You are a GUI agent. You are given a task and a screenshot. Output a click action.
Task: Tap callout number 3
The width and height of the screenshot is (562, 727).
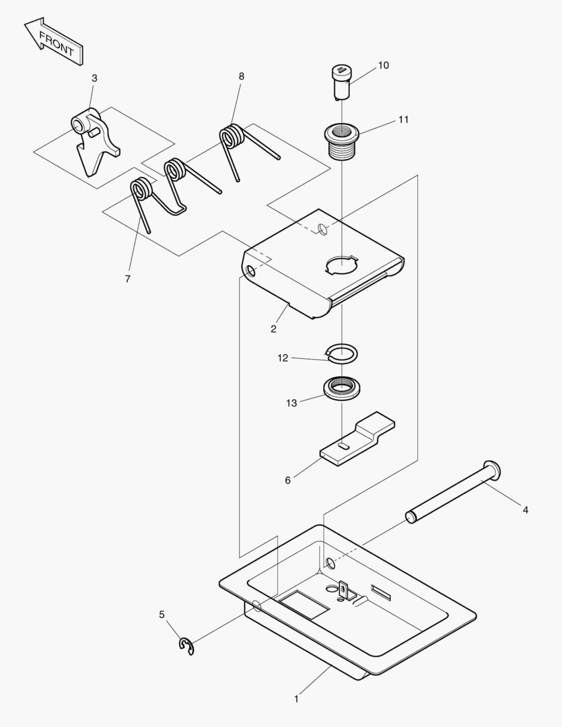(x=94, y=78)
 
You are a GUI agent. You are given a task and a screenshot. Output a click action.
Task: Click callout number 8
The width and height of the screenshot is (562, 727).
(x=241, y=76)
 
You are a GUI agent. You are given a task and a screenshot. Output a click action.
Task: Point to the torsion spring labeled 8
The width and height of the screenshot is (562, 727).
(x=235, y=141)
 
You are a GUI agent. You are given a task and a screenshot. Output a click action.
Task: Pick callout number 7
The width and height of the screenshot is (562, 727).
(x=128, y=279)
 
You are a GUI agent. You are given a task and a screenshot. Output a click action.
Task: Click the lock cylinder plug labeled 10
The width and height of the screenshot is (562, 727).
(x=342, y=80)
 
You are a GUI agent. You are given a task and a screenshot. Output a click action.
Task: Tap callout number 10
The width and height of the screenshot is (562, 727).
(x=383, y=65)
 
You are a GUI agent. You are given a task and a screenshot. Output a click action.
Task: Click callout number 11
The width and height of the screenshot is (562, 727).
(x=403, y=120)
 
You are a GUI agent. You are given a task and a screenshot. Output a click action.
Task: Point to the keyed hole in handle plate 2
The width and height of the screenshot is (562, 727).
(x=341, y=265)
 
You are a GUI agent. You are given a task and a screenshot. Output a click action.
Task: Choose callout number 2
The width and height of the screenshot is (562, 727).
(x=273, y=329)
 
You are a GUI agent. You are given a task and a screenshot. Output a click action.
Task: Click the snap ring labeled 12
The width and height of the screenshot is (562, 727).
(x=341, y=352)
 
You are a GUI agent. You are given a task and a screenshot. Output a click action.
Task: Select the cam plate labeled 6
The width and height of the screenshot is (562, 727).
(x=357, y=441)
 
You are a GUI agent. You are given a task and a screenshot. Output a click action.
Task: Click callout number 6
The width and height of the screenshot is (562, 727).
(x=288, y=480)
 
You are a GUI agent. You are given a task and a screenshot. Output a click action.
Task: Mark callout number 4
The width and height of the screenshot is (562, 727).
(x=525, y=510)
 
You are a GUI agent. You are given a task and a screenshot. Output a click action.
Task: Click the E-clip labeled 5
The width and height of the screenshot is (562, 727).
(x=186, y=646)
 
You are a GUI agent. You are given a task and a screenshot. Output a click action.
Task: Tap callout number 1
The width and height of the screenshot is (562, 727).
(x=296, y=699)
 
